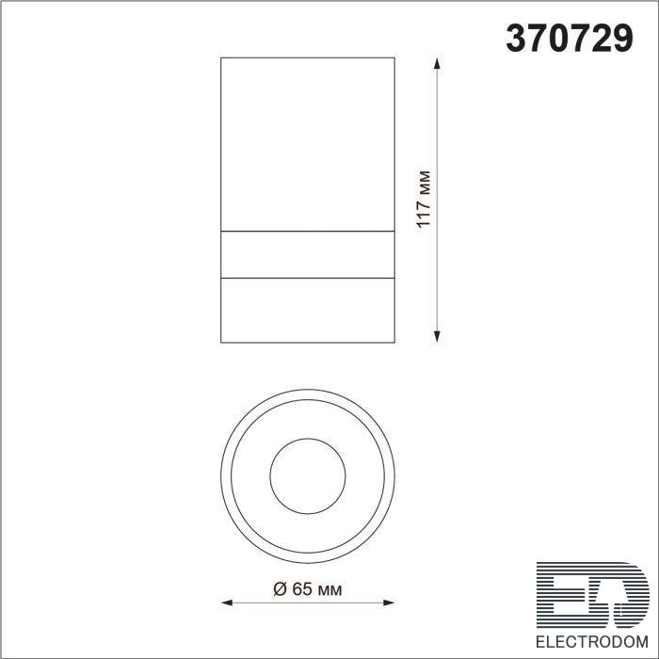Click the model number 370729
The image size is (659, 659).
[x=570, y=38]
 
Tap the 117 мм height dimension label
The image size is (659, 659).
[x=424, y=200]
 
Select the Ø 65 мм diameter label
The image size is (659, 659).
[x=308, y=588]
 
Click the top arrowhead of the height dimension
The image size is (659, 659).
[x=437, y=63]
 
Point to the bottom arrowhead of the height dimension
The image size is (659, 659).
[x=437, y=337]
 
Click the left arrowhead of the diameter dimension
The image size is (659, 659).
[x=227, y=603]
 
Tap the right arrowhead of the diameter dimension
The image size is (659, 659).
[x=389, y=603]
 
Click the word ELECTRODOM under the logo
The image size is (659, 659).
[x=592, y=642]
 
